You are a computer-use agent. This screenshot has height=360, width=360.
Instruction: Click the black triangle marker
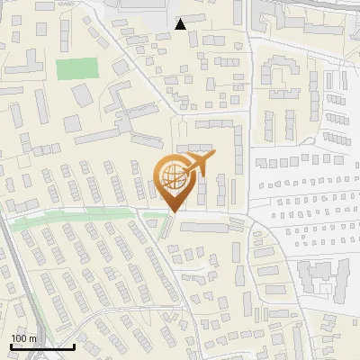[181, 24]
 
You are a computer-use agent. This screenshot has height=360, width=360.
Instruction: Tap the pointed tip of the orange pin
[172, 211]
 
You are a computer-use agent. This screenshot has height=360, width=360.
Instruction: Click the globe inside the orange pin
[172, 176]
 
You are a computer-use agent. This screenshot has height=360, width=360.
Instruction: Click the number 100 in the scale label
[19, 338]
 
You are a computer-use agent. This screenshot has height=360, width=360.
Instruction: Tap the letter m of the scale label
[32, 338]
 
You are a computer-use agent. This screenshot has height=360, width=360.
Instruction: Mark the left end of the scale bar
[11, 346]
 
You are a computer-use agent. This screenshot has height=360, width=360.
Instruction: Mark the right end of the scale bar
[74, 346]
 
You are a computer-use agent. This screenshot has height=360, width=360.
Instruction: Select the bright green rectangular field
[76, 68]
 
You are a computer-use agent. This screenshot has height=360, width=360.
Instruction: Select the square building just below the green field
[82, 94]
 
